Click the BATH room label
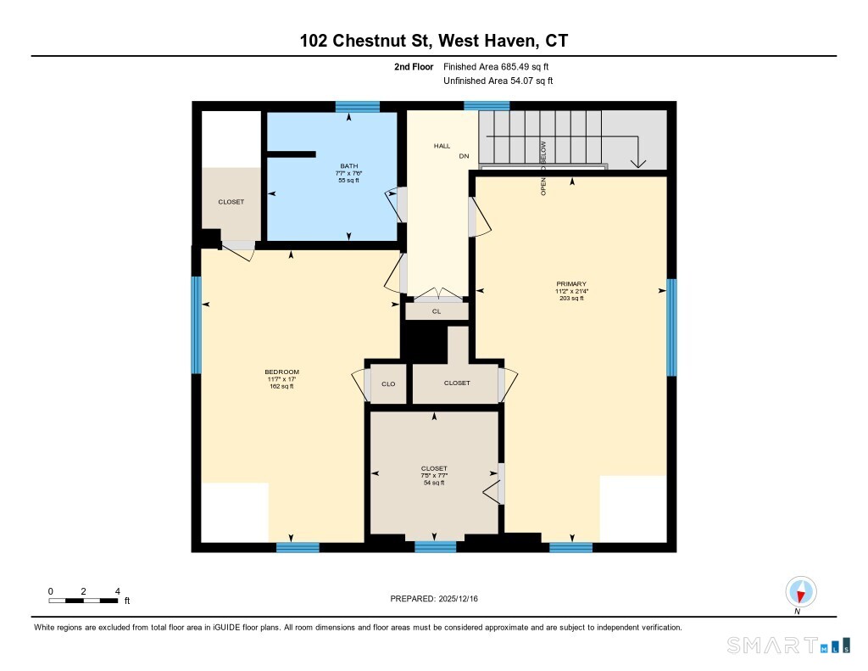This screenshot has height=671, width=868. (348, 165)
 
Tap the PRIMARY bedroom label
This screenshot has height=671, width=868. (571, 283)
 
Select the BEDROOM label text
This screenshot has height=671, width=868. (281, 372)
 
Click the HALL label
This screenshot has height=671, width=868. (442, 146)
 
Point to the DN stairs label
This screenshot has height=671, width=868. (464, 156)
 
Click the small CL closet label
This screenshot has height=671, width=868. (437, 311)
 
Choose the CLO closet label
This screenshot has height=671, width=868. (388, 384)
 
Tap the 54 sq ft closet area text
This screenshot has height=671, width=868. (434, 483)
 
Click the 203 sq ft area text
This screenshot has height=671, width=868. (571, 298)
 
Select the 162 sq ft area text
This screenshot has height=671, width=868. (281, 386)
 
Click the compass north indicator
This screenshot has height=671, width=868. (800, 592)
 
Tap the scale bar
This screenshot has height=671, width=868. (83, 600)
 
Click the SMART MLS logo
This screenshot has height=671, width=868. (788, 645)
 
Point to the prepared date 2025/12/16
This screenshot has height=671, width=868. (458, 598)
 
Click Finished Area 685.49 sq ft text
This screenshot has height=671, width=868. (496, 66)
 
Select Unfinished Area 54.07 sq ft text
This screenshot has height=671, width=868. (498, 81)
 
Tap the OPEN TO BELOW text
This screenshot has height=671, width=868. (543, 168)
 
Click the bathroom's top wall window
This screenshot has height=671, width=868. (358, 107)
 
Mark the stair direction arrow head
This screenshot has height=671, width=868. (638, 164)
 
